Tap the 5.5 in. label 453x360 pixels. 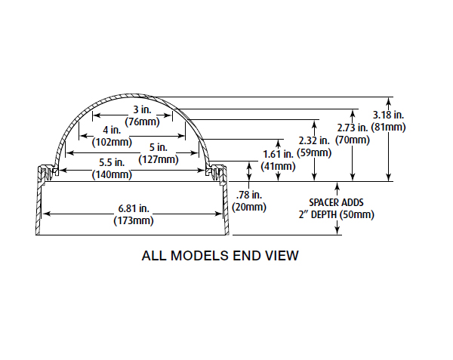pyautogui.click(x=113, y=163)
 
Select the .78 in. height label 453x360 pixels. pyautogui.click(x=248, y=195)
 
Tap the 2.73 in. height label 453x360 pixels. pyautogui.click(x=352, y=128)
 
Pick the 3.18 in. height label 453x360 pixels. pyautogui.click(x=390, y=115)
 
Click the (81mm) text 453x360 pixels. pyautogui.click(x=390, y=127)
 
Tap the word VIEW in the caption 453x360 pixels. pyautogui.click(x=282, y=256)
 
